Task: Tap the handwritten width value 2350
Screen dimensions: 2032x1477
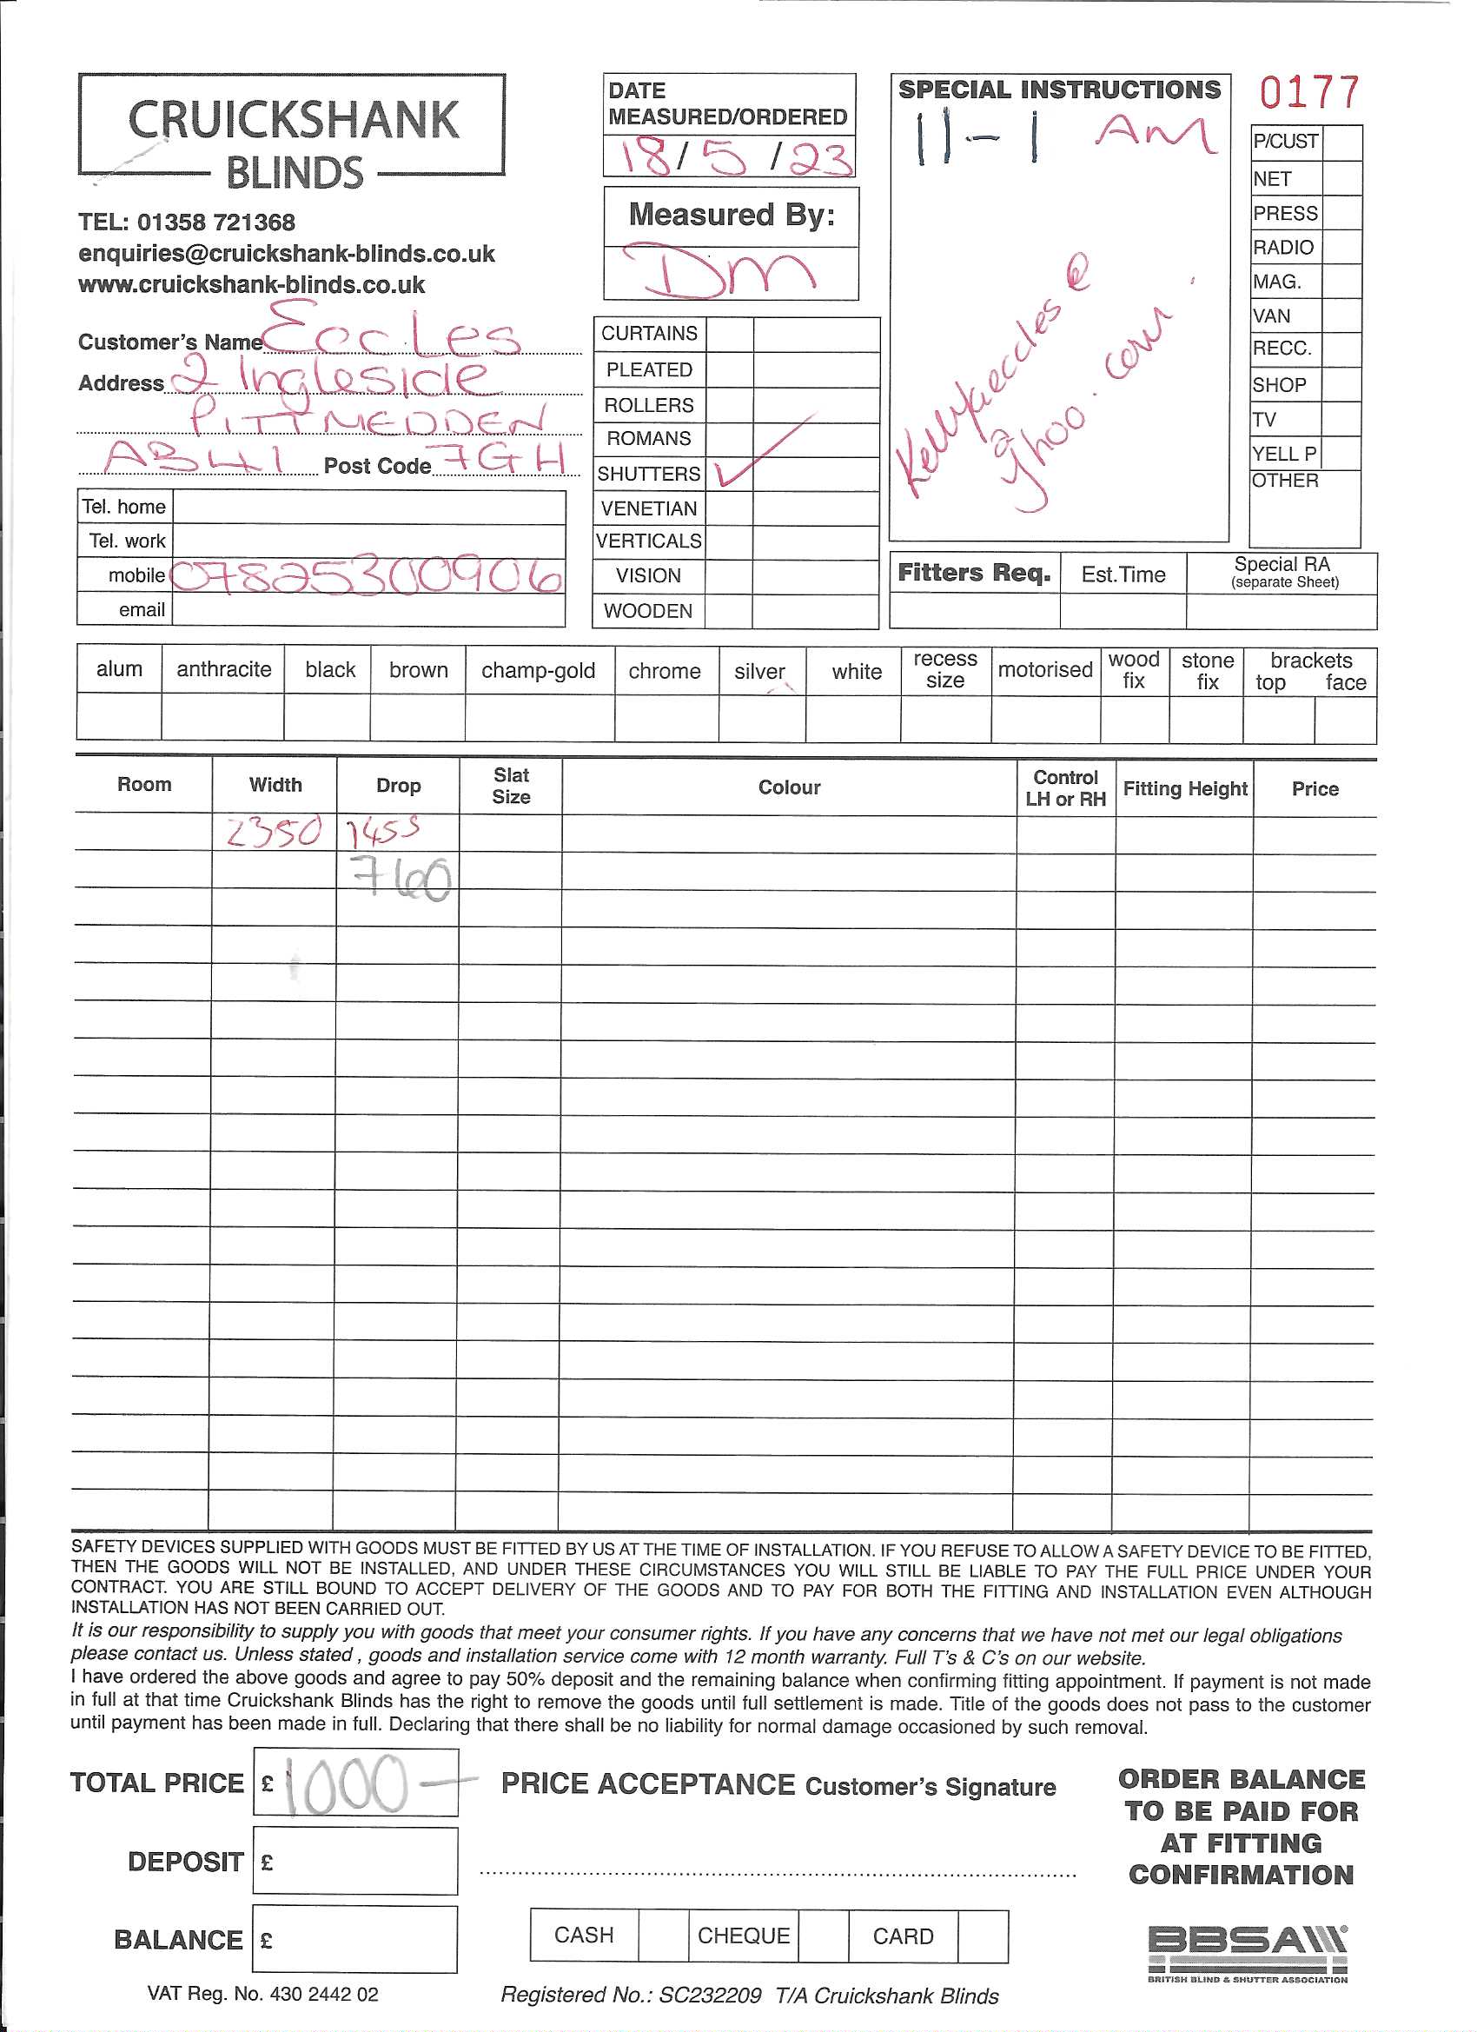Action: (272, 833)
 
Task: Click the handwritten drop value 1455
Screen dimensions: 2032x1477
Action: (383, 833)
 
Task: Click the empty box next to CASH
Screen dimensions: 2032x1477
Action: (664, 1936)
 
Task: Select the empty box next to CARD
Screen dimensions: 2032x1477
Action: (983, 1936)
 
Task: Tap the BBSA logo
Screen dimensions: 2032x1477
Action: (1247, 1951)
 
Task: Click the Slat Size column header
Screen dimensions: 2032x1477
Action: (511, 786)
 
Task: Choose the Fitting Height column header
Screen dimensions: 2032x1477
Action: (1184, 788)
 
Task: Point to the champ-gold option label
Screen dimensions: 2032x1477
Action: (539, 670)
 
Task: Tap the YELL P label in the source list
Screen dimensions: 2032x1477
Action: (1283, 454)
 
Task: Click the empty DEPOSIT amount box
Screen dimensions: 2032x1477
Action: (354, 1862)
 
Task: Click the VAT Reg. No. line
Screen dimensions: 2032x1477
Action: (262, 1995)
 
